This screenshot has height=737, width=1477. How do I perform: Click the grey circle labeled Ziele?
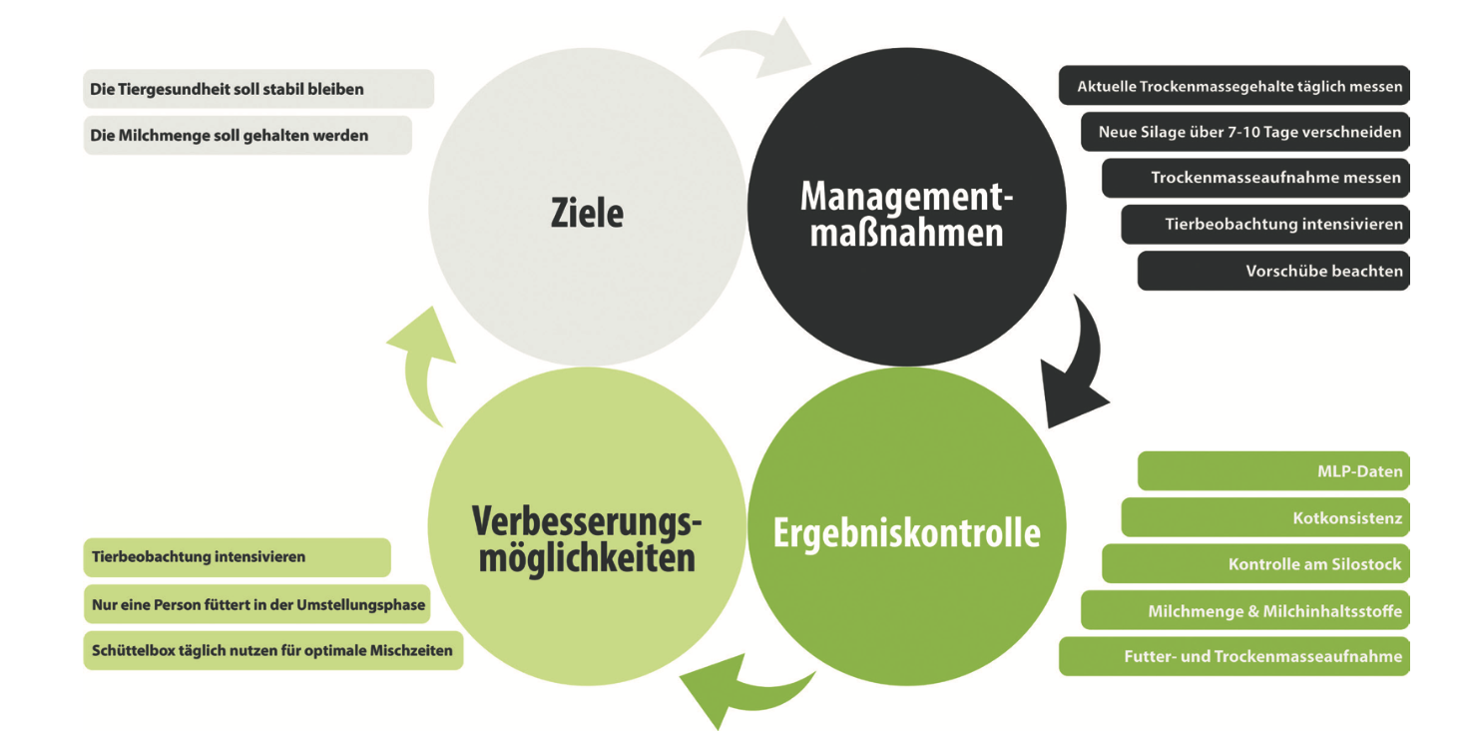pyautogui.click(x=587, y=207)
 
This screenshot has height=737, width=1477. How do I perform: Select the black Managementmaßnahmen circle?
pyautogui.click(x=906, y=207)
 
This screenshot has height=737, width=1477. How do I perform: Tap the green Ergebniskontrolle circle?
pyautogui.click(x=906, y=526)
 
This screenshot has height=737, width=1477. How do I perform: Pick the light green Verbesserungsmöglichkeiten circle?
pyautogui.click(x=587, y=526)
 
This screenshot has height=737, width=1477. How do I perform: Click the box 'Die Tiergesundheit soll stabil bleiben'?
pyautogui.click(x=258, y=89)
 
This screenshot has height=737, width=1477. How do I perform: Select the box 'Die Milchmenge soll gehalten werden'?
pyautogui.click(x=247, y=135)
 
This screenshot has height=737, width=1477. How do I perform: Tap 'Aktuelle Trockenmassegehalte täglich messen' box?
pyautogui.click(x=1234, y=85)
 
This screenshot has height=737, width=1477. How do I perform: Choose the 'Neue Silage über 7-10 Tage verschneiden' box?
pyautogui.click(x=1245, y=132)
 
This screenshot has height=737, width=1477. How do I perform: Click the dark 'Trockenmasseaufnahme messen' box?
pyautogui.click(x=1256, y=178)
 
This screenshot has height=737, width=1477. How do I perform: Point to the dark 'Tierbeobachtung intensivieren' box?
pyautogui.click(x=1265, y=225)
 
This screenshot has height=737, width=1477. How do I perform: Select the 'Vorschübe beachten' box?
pyautogui.click(x=1273, y=271)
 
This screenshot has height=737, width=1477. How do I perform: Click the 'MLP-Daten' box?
pyautogui.click(x=1273, y=471)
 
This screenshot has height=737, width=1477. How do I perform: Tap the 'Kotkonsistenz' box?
pyautogui.click(x=1265, y=517)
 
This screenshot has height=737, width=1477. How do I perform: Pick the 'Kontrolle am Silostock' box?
pyautogui.click(x=1256, y=563)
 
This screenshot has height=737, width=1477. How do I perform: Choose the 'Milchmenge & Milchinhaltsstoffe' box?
pyautogui.click(x=1245, y=610)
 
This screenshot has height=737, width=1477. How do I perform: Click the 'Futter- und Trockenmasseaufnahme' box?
pyautogui.click(x=1234, y=656)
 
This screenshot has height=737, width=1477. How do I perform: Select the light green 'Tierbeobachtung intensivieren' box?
pyautogui.click(x=238, y=557)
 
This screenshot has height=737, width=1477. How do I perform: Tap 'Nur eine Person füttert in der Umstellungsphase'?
pyautogui.click(x=257, y=604)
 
